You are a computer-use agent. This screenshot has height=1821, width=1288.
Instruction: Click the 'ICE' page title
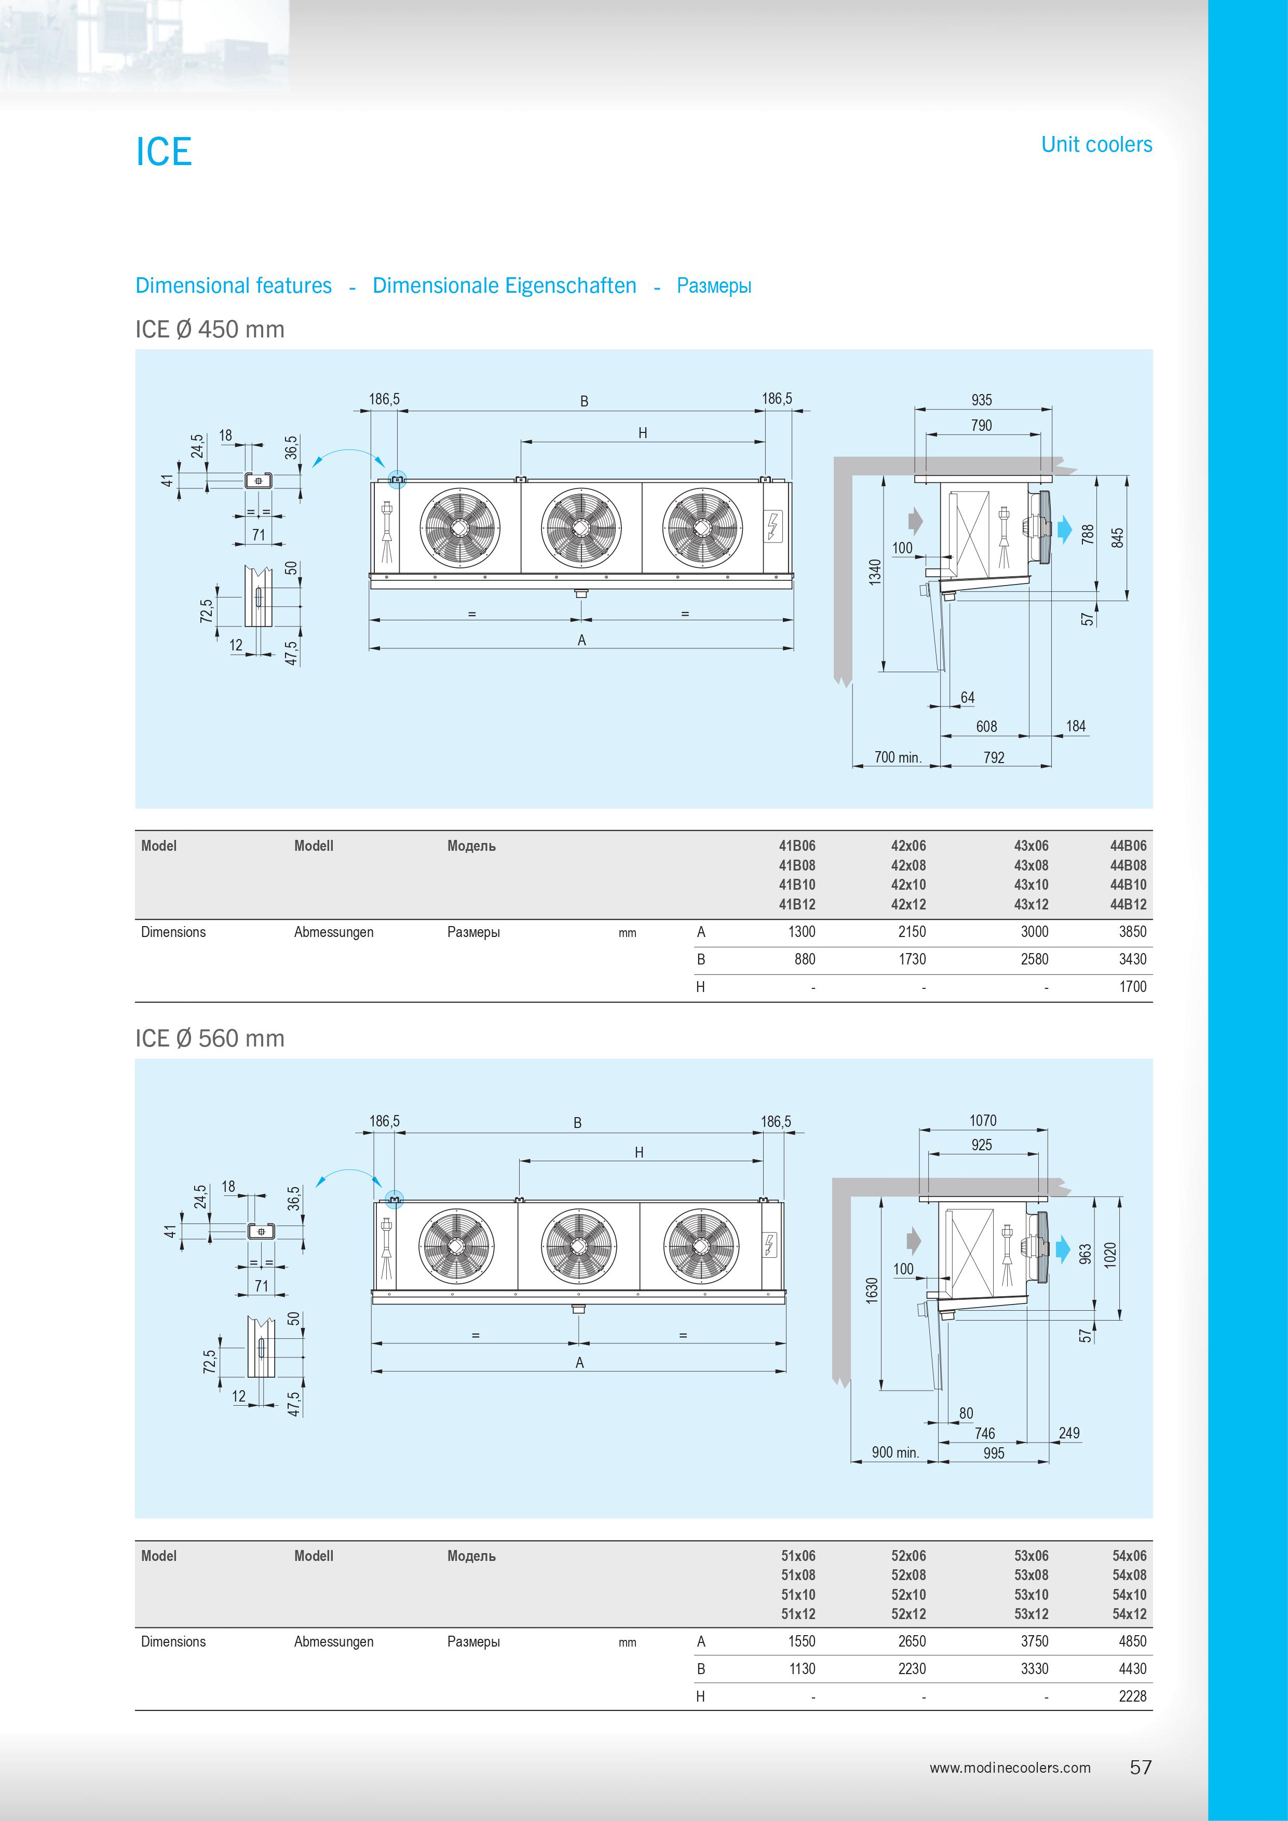(164, 152)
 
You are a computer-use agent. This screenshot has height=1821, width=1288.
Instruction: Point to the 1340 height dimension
(875, 572)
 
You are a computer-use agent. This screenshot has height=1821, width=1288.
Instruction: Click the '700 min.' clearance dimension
(897, 757)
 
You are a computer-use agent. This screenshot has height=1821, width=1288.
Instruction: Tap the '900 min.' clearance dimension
(894, 1452)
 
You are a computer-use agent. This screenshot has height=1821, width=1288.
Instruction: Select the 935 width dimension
(981, 400)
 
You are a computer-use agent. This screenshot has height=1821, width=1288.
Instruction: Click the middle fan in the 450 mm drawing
(580, 527)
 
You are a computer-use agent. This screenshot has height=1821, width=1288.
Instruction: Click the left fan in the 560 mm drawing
(457, 1246)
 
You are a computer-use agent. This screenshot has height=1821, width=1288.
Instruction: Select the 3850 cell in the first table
(1132, 932)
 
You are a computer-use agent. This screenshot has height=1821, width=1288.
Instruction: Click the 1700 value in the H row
(1132, 987)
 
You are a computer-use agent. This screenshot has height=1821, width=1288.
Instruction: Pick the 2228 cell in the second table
(1132, 1696)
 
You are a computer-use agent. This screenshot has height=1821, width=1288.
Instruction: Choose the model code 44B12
(1128, 904)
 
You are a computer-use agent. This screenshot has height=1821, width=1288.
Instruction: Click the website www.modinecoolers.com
(1010, 1767)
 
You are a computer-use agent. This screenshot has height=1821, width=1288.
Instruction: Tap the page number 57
(1141, 1767)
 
